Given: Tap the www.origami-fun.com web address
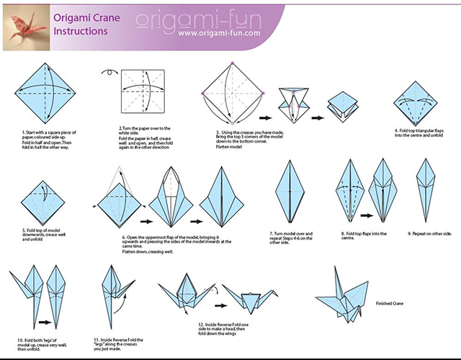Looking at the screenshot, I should coord(219,32).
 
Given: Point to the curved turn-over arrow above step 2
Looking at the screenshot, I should coord(112,72).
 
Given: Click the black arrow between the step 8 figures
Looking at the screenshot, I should coord(366,215).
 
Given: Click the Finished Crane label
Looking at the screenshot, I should coord(390,304).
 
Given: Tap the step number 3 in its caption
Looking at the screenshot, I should coord(217,132).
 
